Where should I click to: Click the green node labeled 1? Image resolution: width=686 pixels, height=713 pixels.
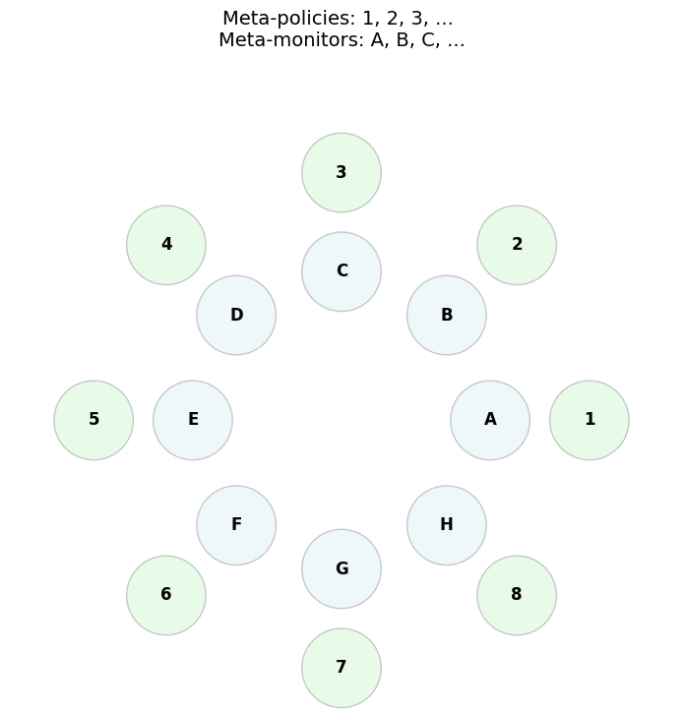tap(589, 420)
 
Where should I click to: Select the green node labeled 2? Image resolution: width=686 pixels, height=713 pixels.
tap(517, 245)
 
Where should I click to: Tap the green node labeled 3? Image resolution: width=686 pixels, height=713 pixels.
tap(342, 172)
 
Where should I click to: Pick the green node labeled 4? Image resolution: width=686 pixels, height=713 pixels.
tap(166, 245)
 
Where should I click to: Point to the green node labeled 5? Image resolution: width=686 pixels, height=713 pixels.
tap(94, 420)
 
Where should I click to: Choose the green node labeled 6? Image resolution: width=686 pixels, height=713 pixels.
tap(166, 595)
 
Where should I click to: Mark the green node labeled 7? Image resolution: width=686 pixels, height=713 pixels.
tap(342, 668)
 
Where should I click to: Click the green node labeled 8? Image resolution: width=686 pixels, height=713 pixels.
tap(517, 595)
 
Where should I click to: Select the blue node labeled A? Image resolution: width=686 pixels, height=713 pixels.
tap(490, 420)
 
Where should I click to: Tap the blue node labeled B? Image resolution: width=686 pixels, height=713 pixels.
tap(447, 315)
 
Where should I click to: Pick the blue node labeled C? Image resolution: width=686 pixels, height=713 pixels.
tap(342, 271)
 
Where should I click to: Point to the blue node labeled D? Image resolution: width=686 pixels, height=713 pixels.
tap(236, 315)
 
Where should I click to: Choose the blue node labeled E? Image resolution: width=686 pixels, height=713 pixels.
tap(193, 420)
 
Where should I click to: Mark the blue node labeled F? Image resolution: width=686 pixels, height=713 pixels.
tap(236, 525)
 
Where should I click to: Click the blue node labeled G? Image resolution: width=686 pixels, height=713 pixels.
tap(342, 568)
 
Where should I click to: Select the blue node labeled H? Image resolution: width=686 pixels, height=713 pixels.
tap(447, 525)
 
